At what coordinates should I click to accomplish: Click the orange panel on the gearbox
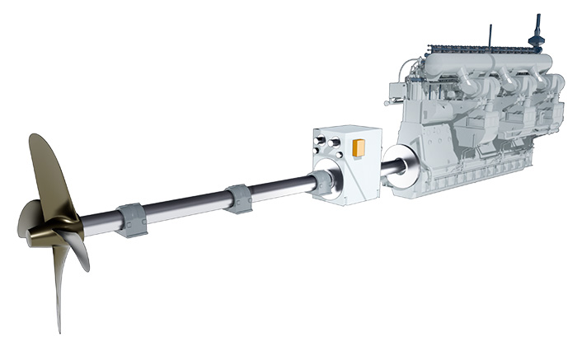[x=359, y=148]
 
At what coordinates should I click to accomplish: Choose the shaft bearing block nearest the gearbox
[x=240, y=199]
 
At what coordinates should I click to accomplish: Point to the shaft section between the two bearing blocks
[x=185, y=208]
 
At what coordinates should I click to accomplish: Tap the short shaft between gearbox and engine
[x=388, y=169]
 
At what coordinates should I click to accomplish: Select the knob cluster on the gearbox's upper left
[x=328, y=147]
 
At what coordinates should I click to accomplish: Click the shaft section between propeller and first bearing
[x=99, y=224]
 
